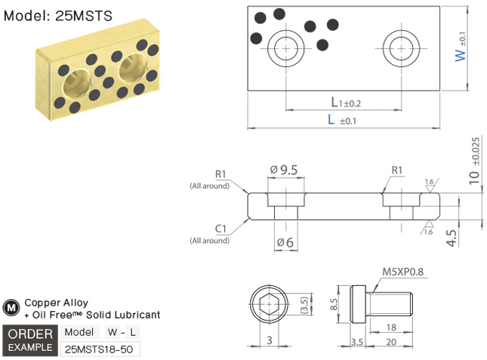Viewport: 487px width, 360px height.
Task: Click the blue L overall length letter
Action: click(331, 120)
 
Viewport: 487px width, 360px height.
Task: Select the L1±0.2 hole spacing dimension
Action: click(346, 103)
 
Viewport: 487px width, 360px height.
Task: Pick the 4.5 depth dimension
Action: click(452, 239)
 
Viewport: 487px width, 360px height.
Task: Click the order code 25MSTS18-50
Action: click(99, 349)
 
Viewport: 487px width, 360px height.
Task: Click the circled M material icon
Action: click(11, 308)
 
